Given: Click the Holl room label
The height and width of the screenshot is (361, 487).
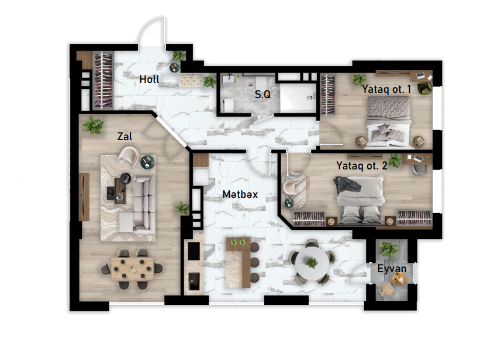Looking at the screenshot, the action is pyautogui.click(x=149, y=79).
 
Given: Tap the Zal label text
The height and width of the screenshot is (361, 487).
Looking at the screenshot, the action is pyautogui.click(x=125, y=136).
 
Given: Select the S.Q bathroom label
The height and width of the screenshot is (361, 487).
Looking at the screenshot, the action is pyautogui.click(x=263, y=95).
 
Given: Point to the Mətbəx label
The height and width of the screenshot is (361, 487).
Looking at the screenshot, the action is pyautogui.click(x=240, y=195).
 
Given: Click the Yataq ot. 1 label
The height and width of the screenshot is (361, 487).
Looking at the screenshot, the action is pyautogui.click(x=386, y=89).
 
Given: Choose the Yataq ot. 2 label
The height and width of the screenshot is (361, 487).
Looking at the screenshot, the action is pyautogui.click(x=362, y=166).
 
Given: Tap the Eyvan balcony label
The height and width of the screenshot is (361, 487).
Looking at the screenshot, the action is pyautogui.click(x=392, y=269).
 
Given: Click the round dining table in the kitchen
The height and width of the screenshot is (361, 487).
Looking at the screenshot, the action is pyautogui.click(x=312, y=263).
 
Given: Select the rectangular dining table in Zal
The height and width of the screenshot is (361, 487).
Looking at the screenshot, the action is pyautogui.click(x=132, y=269).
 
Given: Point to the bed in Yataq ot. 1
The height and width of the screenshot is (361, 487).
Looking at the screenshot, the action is pyautogui.click(x=389, y=122).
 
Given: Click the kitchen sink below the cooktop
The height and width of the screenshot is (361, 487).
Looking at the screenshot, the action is pyautogui.click(x=194, y=281).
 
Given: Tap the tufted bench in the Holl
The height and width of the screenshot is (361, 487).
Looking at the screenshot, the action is pyautogui.click(x=191, y=81).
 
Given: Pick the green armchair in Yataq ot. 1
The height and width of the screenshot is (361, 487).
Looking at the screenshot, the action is pyautogui.click(x=424, y=86).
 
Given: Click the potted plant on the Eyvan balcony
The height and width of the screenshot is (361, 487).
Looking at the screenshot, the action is pyautogui.click(x=388, y=249).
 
